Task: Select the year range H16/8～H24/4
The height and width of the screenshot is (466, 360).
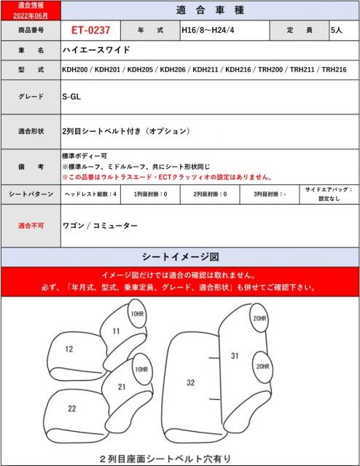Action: [x=208, y=31]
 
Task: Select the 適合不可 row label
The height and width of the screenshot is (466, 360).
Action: [x=31, y=226]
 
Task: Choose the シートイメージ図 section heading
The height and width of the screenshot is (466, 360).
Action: [x=179, y=257]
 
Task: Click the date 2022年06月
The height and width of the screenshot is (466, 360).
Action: [x=31, y=15]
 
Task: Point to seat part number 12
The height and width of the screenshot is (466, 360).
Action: [x=69, y=349]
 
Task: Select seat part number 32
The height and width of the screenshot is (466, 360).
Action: [x=190, y=382]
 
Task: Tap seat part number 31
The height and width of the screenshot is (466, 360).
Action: [x=235, y=356]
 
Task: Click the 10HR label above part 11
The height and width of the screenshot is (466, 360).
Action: [x=136, y=314]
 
